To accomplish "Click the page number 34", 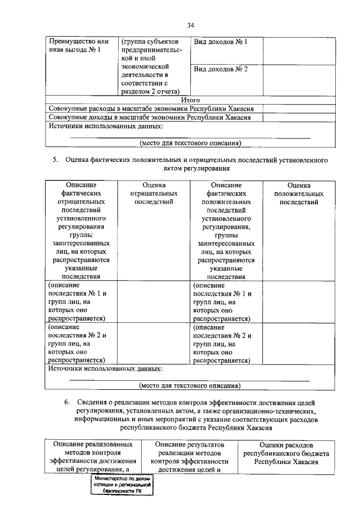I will (190, 24).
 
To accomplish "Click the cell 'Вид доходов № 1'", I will (220, 42).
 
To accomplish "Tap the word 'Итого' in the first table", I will (190, 100).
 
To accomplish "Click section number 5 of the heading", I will (56, 160).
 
